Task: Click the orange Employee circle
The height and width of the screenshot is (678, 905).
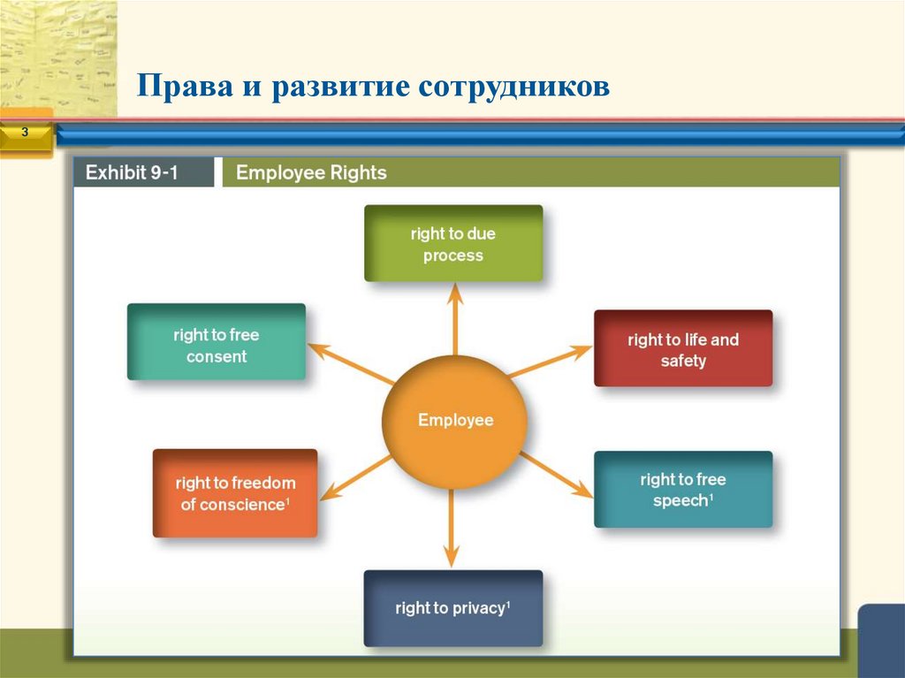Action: tap(454, 421)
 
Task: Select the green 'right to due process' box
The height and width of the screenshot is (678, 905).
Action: tap(453, 244)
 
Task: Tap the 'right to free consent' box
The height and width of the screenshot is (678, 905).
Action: tap(217, 343)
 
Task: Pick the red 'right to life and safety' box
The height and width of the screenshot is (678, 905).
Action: tap(683, 349)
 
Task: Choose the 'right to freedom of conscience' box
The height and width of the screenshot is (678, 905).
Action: tap(235, 493)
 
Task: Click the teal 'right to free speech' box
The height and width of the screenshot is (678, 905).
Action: tap(683, 490)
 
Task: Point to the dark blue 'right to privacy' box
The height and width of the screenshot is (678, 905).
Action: tap(453, 608)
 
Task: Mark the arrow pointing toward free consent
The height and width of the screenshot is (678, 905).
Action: tap(349, 363)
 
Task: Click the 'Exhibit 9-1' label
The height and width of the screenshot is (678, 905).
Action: tap(132, 173)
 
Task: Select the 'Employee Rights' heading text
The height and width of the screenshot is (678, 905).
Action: tap(311, 173)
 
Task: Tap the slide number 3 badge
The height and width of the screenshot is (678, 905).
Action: tap(25, 133)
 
